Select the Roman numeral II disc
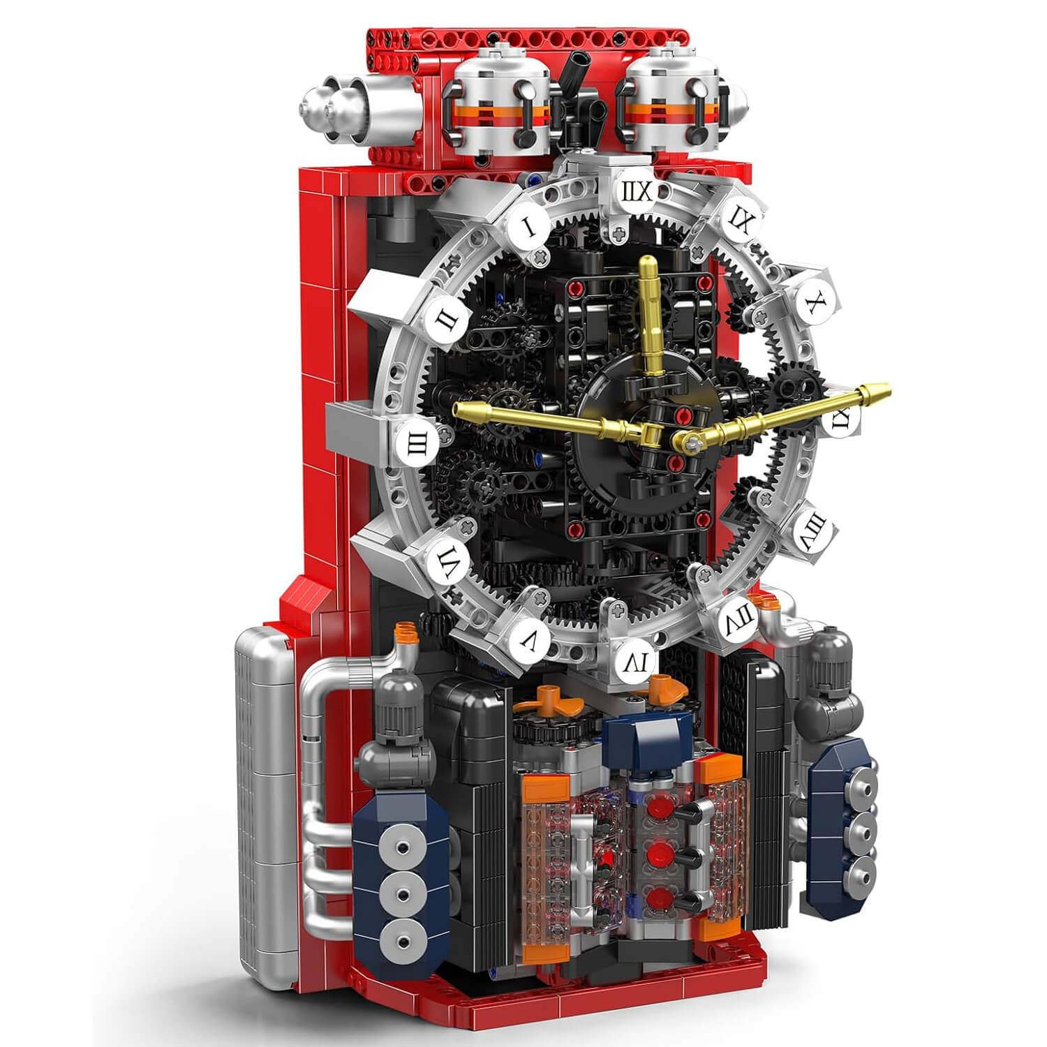click(443, 320)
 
